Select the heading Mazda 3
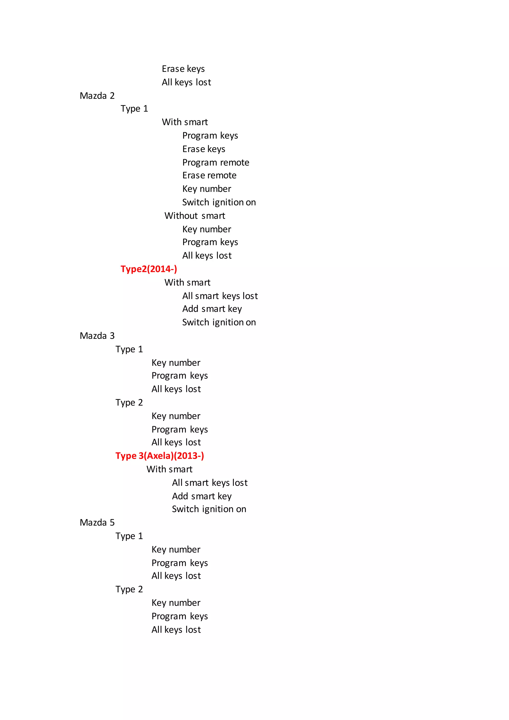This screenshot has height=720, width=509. click(x=97, y=336)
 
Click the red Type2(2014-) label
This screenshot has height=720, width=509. click(x=149, y=269)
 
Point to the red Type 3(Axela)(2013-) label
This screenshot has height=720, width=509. click(x=160, y=456)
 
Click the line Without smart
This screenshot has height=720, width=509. click(x=195, y=216)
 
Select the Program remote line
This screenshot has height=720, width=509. click(x=216, y=162)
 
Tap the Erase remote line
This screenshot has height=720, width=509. click(x=209, y=175)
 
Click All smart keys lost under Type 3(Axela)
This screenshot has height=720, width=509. click(x=210, y=483)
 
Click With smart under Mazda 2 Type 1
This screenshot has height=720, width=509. click(x=185, y=122)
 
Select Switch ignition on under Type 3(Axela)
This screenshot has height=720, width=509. click(x=209, y=509)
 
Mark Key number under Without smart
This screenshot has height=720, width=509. click(x=207, y=229)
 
